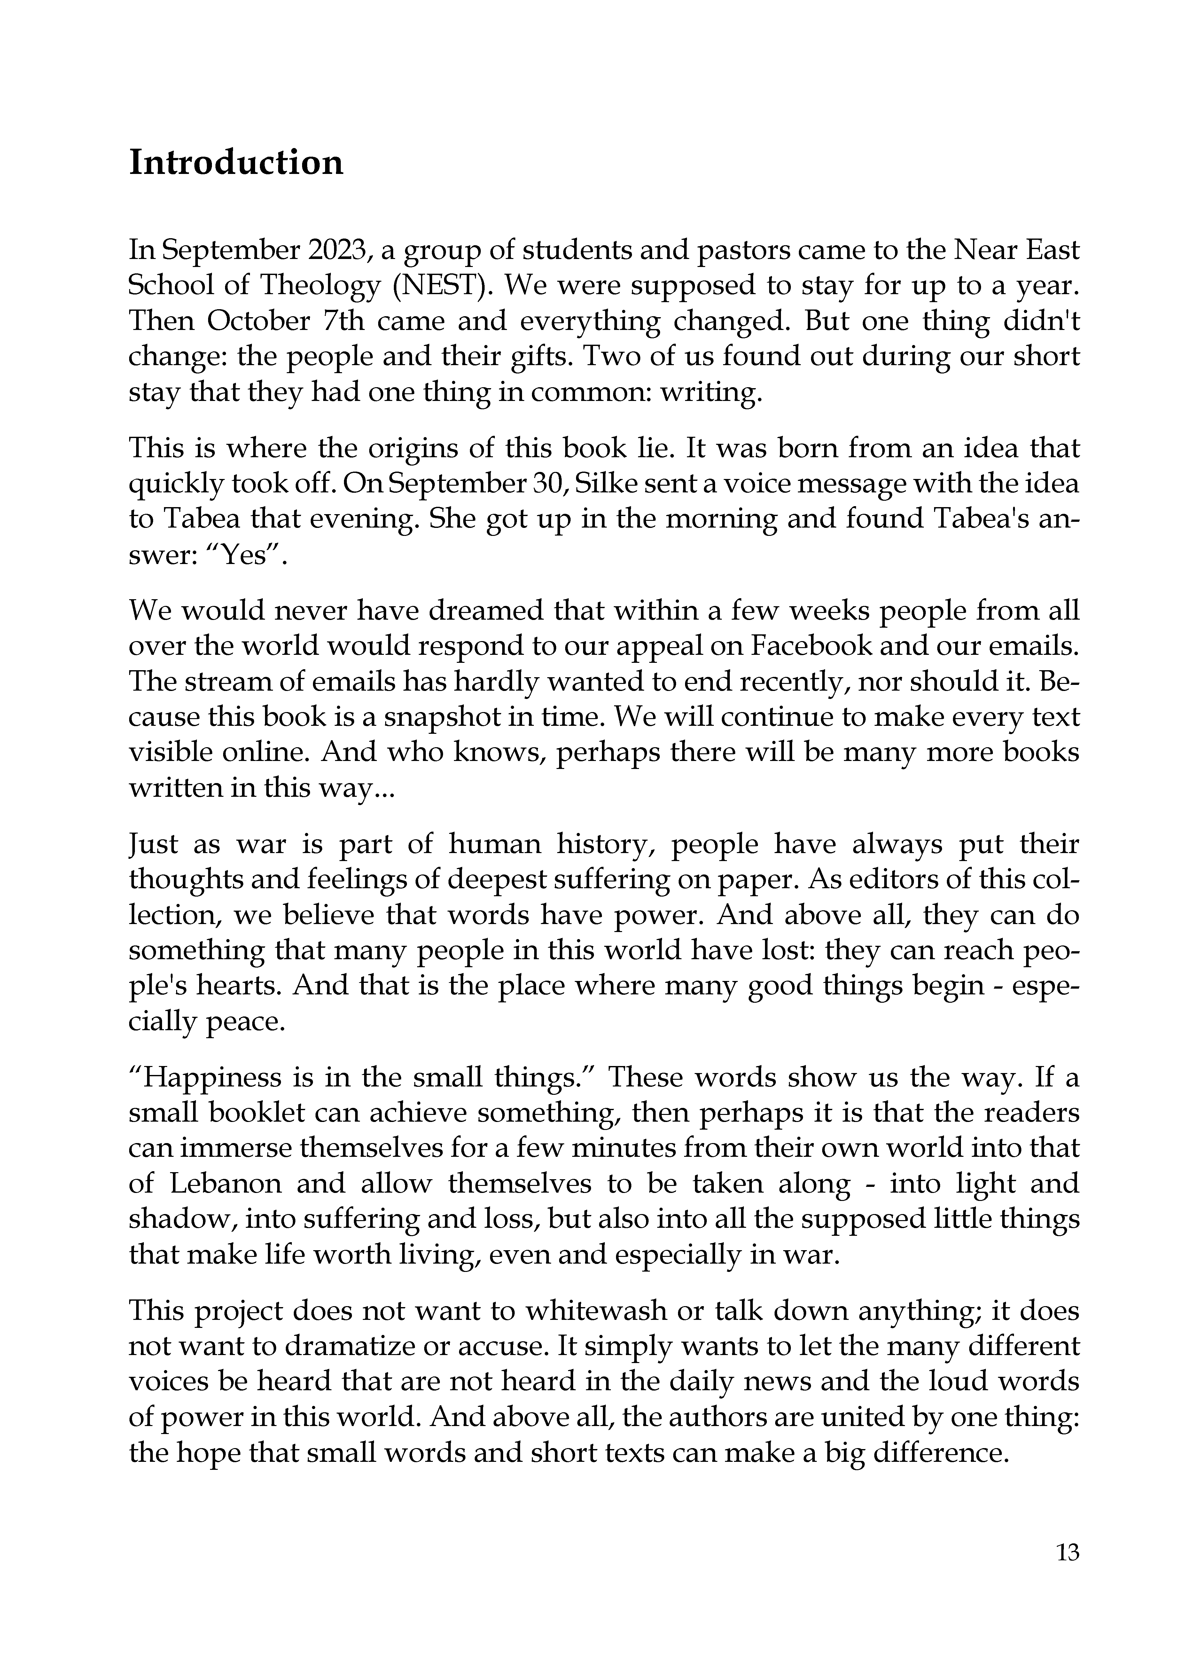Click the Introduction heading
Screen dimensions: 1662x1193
(x=236, y=163)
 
